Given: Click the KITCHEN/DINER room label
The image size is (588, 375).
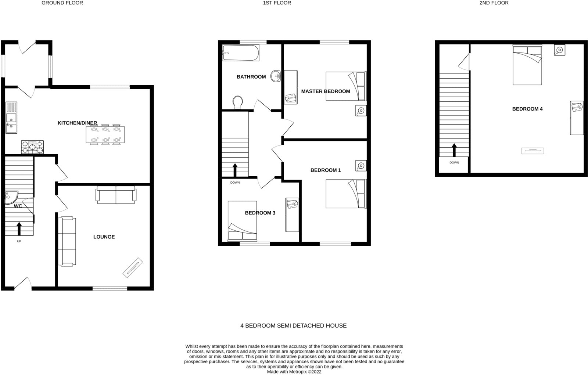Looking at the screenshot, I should tap(77, 123).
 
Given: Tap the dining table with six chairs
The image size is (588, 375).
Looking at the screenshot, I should tap(105, 134).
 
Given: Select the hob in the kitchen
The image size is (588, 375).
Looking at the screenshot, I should tap(32, 147).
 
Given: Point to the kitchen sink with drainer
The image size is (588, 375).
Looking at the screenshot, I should tap(11, 117).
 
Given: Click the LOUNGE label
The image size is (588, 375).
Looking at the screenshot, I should tap(104, 237).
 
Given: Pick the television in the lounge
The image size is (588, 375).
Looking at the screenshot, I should tap(133, 266).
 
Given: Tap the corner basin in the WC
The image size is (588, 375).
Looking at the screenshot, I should tap(10, 197).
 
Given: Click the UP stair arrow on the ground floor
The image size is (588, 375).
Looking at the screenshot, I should tap(19, 228).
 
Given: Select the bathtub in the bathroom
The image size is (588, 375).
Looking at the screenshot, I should tap(241, 54).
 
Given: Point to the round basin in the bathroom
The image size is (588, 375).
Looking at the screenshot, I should tap(276, 76).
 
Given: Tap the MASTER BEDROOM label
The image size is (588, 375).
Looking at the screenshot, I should tap(326, 91).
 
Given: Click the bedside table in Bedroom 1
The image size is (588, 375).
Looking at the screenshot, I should tap(361, 166).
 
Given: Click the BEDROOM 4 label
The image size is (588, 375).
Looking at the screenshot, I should tap(527, 109).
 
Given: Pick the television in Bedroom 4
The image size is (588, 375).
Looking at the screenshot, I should tap(533, 151).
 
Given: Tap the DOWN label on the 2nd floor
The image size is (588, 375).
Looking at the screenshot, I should tap(454, 162).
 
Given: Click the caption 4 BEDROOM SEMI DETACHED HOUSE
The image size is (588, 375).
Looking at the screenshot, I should tap(293, 325).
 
